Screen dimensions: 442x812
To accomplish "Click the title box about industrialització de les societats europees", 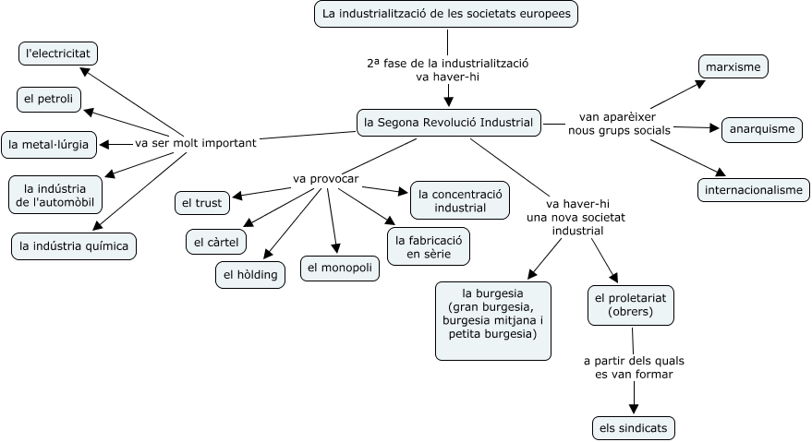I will click(448, 14).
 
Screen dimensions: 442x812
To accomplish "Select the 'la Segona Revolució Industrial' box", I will click(449, 122).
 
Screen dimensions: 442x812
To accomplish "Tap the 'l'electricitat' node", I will click(58, 54).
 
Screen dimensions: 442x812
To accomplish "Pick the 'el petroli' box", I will click(49, 98).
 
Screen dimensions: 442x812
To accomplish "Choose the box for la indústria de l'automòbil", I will click(55, 194).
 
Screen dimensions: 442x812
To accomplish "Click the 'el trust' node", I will click(202, 201).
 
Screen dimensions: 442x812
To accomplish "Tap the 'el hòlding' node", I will click(250, 274).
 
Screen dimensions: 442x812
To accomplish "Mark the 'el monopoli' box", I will click(340, 269).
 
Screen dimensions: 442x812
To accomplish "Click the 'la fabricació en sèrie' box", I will click(427, 246).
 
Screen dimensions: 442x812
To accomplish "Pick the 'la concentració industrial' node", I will click(459, 200).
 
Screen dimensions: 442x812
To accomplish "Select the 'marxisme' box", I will click(733, 67).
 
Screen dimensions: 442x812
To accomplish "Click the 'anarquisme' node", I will click(761, 129).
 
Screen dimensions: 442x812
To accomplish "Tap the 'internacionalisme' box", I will click(754, 190).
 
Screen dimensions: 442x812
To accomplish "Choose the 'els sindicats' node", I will click(634, 428).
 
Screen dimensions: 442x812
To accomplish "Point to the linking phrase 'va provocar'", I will click(325, 178).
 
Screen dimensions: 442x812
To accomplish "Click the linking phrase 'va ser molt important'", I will click(195, 143).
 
